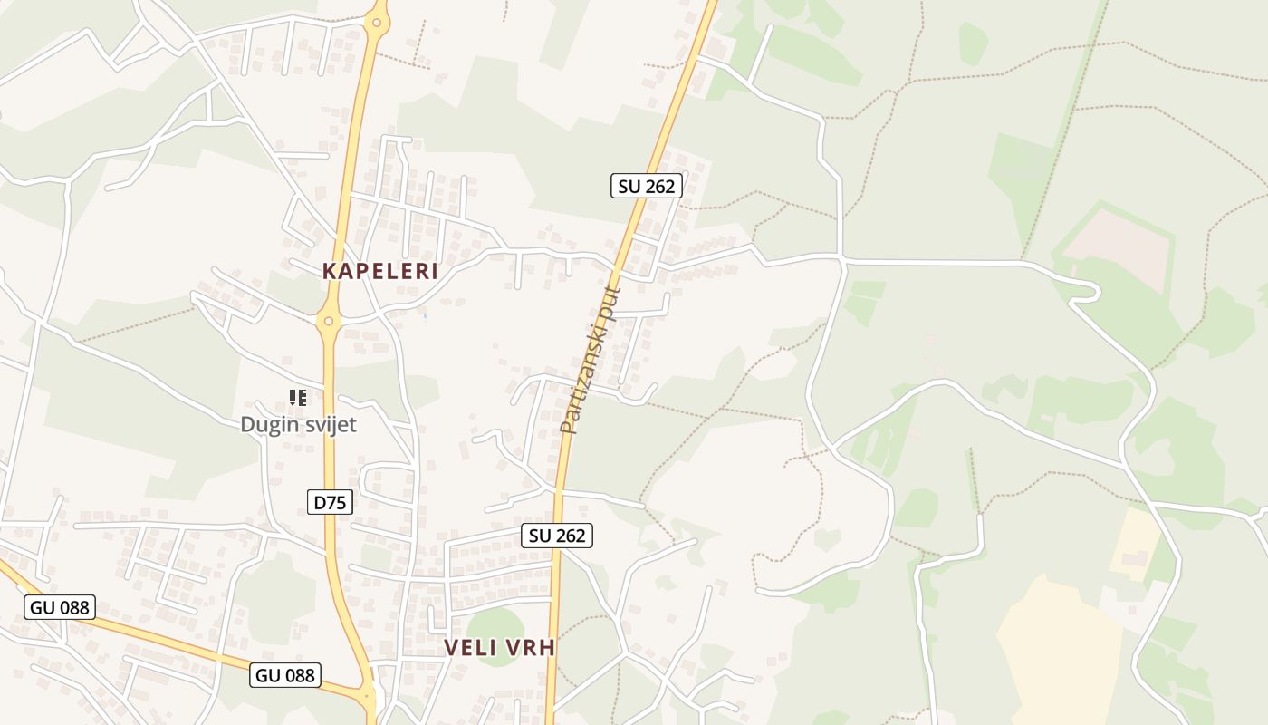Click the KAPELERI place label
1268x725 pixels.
(x=380, y=271)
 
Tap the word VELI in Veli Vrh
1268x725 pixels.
(x=469, y=647)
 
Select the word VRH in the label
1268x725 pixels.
(x=530, y=647)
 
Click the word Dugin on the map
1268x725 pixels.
(x=268, y=424)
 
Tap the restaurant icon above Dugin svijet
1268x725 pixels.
(x=298, y=398)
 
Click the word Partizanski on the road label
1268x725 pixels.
(x=582, y=381)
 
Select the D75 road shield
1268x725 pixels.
(x=330, y=502)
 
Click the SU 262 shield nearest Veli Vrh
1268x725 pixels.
(x=557, y=536)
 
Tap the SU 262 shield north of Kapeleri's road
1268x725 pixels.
(x=646, y=186)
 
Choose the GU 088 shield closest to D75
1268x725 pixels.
(x=285, y=675)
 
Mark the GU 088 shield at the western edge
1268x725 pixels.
(x=60, y=607)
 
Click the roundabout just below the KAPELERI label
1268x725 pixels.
(x=329, y=319)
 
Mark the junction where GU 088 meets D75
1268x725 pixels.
(x=369, y=696)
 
